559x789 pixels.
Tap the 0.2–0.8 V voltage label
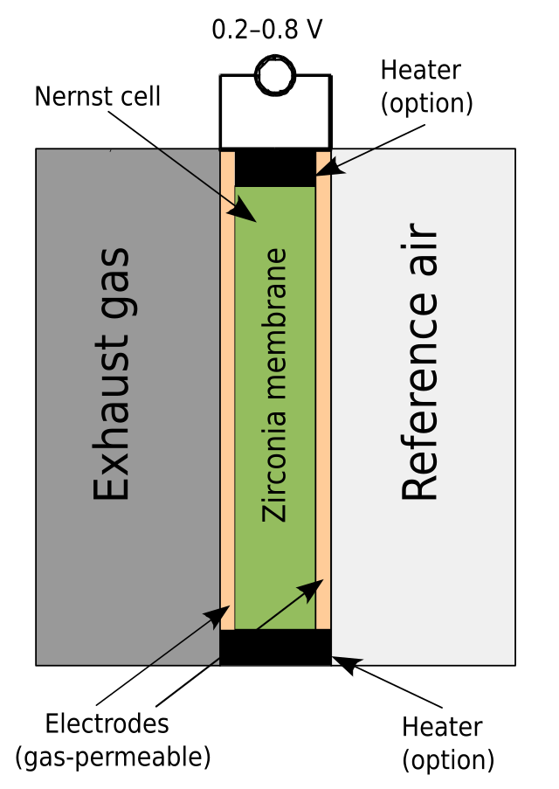pos(267,30)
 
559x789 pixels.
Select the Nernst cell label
pos(98,96)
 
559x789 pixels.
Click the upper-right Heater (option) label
pos(426,87)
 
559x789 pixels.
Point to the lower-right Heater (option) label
pos(448,744)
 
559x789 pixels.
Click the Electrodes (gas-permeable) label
pos(114,741)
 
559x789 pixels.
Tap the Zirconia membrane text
pos(274,385)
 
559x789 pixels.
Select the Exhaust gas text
pos(112,374)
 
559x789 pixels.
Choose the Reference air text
pos(418,361)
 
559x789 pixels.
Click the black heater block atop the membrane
pos(275,168)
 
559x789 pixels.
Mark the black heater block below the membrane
pos(275,647)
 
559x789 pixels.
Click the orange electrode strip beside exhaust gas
pos(227,390)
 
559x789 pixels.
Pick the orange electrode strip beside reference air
pos(323,390)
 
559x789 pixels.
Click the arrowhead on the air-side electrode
pos(311,591)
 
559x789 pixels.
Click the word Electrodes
pos(107,724)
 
